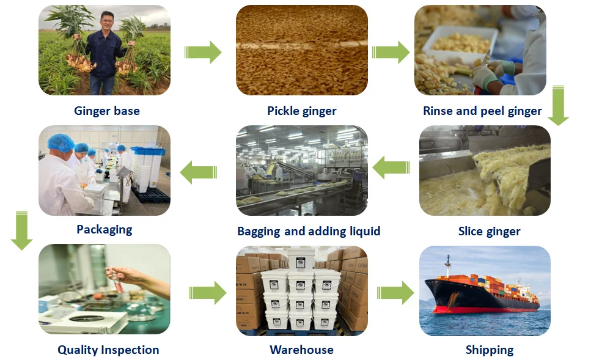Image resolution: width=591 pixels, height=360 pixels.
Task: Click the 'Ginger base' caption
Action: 107,111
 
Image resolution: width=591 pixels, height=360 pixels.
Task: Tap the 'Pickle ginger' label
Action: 302,111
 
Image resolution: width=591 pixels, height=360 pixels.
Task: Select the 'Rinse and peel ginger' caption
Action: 482,111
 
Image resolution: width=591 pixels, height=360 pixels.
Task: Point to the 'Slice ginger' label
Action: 489,232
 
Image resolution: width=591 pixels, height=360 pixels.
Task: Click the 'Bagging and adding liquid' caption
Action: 309,232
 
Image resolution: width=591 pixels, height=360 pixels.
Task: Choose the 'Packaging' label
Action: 105,230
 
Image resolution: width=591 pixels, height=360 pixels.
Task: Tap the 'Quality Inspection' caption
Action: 108,350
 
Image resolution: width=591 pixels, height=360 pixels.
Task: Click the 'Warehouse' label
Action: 302,350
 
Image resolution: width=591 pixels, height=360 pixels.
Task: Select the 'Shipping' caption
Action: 490,350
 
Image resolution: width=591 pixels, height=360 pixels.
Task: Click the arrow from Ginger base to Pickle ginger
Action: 203,52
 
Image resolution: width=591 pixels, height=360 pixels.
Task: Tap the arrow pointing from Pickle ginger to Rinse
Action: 391,52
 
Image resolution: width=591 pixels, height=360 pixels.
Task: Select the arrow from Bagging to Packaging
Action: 199,172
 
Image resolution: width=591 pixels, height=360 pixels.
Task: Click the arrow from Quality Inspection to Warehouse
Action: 207,293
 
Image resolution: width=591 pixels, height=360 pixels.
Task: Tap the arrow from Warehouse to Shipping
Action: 395,293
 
